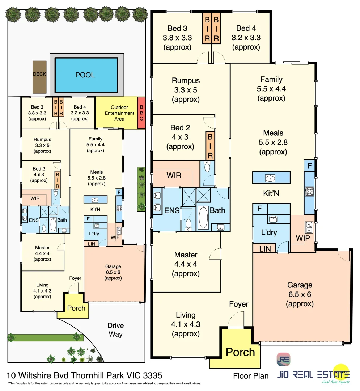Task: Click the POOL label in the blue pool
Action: point(85,75)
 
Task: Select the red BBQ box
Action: point(141,113)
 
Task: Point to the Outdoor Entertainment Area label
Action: point(119,113)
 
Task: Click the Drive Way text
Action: point(115,329)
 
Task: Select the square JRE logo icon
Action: point(283,360)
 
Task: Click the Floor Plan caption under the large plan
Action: point(251,376)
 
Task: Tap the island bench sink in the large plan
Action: point(271,178)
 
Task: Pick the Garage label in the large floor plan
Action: point(300,285)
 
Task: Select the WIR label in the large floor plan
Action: point(174,175)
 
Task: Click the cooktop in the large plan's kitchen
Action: point(309,191)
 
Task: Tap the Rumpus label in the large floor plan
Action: point(186,80)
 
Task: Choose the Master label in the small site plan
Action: point(42,248)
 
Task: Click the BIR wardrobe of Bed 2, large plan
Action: point(210,146)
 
